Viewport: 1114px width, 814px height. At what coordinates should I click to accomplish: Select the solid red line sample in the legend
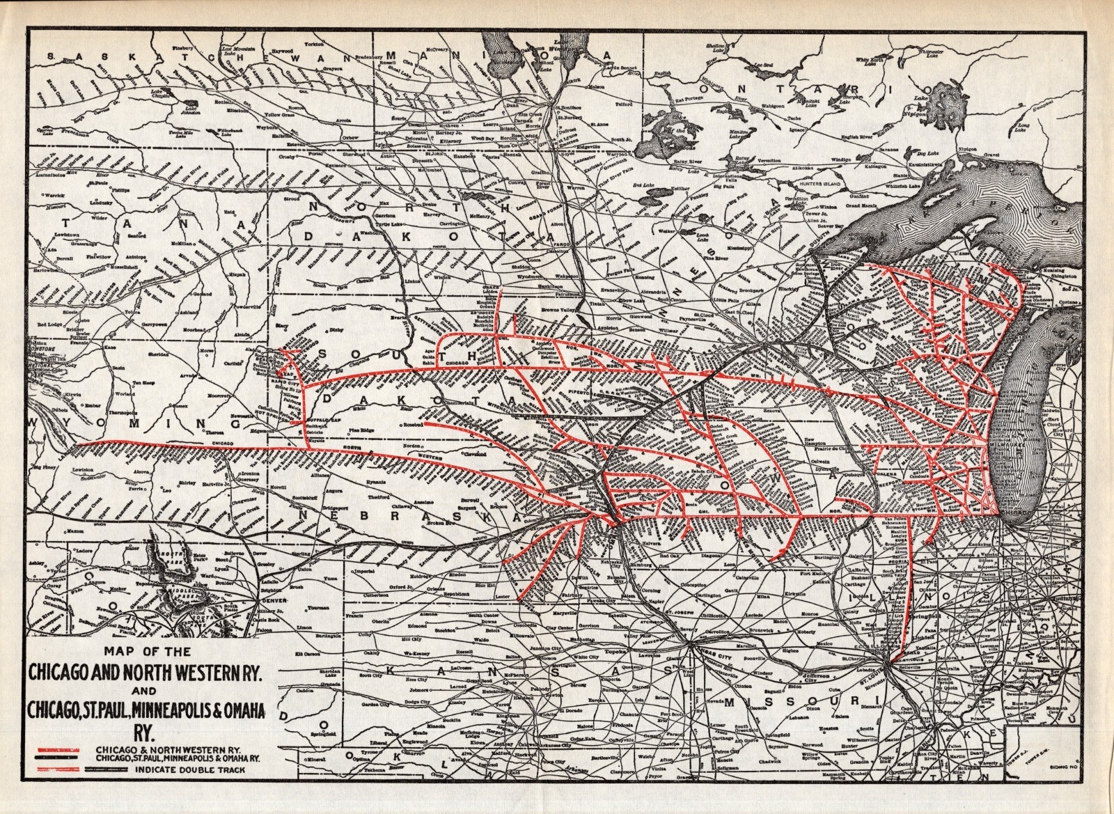(x=58, y=744)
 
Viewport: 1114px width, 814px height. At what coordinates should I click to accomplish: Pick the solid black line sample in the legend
(x=58, y=755)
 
